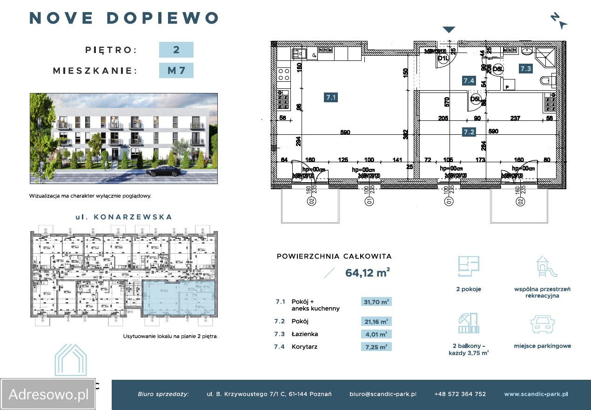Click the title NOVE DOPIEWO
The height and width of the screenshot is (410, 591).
tap(124, 18)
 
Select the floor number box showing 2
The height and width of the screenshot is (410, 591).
tap(176, 50)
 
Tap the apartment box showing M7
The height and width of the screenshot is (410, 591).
tap(176, 71)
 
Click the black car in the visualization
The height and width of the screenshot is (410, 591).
tap(163, 171)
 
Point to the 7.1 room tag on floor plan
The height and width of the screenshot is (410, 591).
tap(331, 97)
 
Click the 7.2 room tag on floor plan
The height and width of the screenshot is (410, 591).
tap(469, 132)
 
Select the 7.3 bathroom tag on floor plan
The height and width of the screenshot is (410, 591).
tap(526, 68)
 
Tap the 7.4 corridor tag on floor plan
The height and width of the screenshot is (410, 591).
tap(468, 80)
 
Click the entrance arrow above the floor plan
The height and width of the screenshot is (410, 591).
tap(448, 30)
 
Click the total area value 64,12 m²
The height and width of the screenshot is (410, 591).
tap(367, 273)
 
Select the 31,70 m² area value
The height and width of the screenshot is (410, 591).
tap(376, 302)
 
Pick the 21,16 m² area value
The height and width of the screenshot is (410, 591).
tap(376, 321)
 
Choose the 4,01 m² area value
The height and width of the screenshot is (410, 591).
tap(376, 334)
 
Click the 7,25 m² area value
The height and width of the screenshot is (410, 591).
tap(376, 346)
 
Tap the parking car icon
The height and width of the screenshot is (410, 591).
tap(542, 324)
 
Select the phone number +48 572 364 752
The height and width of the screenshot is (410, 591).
tap(460, 394)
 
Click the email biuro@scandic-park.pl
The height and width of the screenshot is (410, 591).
tap(383, 394)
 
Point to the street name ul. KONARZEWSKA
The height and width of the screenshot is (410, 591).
tap(123, 217)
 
